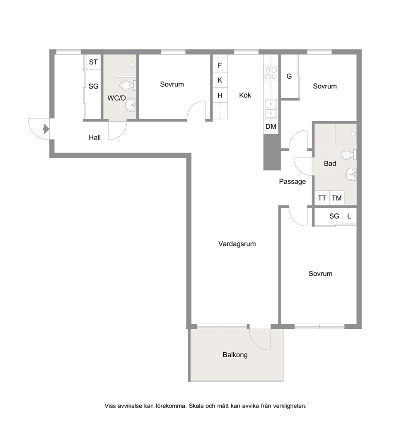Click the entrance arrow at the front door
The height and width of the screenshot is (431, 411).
[46, 129]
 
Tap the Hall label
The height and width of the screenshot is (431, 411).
[94, 137]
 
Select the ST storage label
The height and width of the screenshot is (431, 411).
[93, 62]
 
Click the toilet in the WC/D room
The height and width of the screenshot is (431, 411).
[128, 85]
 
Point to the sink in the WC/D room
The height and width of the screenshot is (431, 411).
[131, 105]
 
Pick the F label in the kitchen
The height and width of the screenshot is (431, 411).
[220, 65]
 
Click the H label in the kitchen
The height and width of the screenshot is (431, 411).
[220, 95]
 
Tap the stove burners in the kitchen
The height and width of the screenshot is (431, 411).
[271, 73]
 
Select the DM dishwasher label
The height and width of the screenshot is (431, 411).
[271, 126]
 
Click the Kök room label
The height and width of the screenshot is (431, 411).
[245, 95]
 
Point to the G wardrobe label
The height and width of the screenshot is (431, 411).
[289, 76]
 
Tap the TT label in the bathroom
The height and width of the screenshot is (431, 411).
[322, 198]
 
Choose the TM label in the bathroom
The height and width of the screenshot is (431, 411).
[337, 198]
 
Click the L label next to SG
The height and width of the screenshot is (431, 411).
[349, 216]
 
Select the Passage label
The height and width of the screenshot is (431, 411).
[292, 181]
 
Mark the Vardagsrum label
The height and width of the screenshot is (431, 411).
[237, 244]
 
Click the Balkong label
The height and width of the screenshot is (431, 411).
[235, 355]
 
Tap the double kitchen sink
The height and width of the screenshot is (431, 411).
[271, 108]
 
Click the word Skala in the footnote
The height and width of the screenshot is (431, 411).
[196, 406]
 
